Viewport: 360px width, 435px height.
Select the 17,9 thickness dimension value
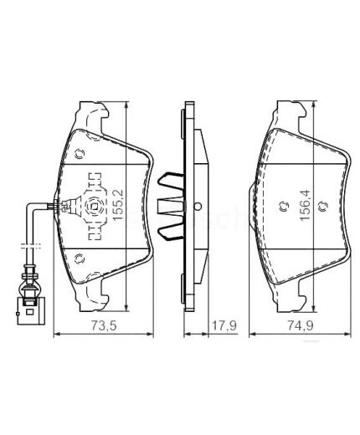coord(219,326)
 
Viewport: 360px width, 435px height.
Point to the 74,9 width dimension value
coord(306,326)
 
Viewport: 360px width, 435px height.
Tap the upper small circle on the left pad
coord(80,153)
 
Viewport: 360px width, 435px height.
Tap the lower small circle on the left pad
coord(80,257)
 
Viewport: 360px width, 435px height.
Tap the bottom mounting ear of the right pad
coord(290,294)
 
